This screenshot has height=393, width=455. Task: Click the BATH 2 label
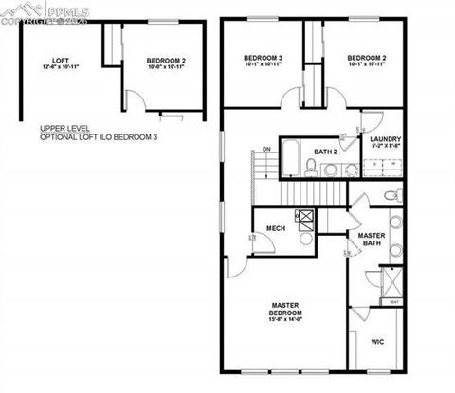pyautogui.click(x=326, y=151)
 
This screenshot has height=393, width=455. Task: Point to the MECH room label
pyautogui.click(x=276, y=228)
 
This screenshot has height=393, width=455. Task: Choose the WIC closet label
pyautogui.click(x=376, y=340)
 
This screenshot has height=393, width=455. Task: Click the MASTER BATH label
pyautogui.click(x=371, y=239)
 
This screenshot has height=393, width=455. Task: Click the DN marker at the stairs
pyautogui.click(x=267, y=149)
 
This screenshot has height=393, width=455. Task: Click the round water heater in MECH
pyautogui.click(x=305, y=237)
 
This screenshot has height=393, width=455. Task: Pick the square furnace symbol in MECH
pyautogui.click(x=305, y=216)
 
